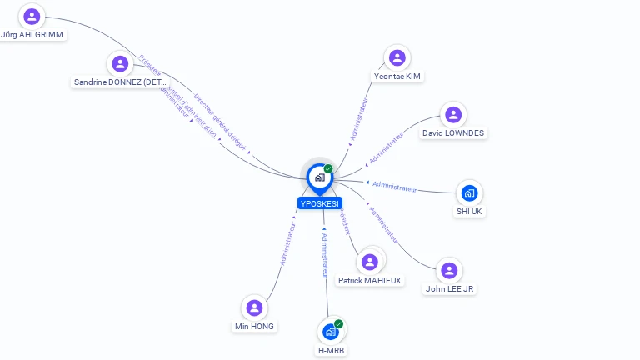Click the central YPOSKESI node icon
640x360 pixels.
coord(319,177)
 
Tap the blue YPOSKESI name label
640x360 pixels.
coord(320,203)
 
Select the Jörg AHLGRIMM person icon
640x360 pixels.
coord(32,16)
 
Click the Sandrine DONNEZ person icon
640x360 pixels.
coord(120,63)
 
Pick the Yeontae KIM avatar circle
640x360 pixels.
coord(397,57)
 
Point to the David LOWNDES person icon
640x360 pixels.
coord(452,115)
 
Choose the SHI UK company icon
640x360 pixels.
coord(469,193)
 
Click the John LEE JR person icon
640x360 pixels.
coord(449,270)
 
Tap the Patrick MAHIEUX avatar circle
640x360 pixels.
coord(370,262)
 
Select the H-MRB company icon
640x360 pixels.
coord(331,332)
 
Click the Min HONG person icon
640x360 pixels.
coord(255,307)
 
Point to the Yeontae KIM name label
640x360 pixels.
coord(397,77)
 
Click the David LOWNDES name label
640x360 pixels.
coord(452,133)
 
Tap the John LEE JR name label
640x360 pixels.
coord(450,289)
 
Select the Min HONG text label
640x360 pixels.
coord(254,327)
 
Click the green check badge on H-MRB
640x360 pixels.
coord(338,323)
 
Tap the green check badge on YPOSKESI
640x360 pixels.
coord(328,168)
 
